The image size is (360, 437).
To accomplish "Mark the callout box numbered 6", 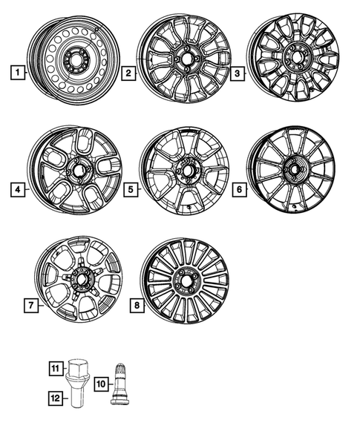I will click(x=239, y=191).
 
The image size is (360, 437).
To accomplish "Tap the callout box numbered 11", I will click(x=55, y=367).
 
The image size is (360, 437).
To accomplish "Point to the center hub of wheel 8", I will click(x=184, y=284).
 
